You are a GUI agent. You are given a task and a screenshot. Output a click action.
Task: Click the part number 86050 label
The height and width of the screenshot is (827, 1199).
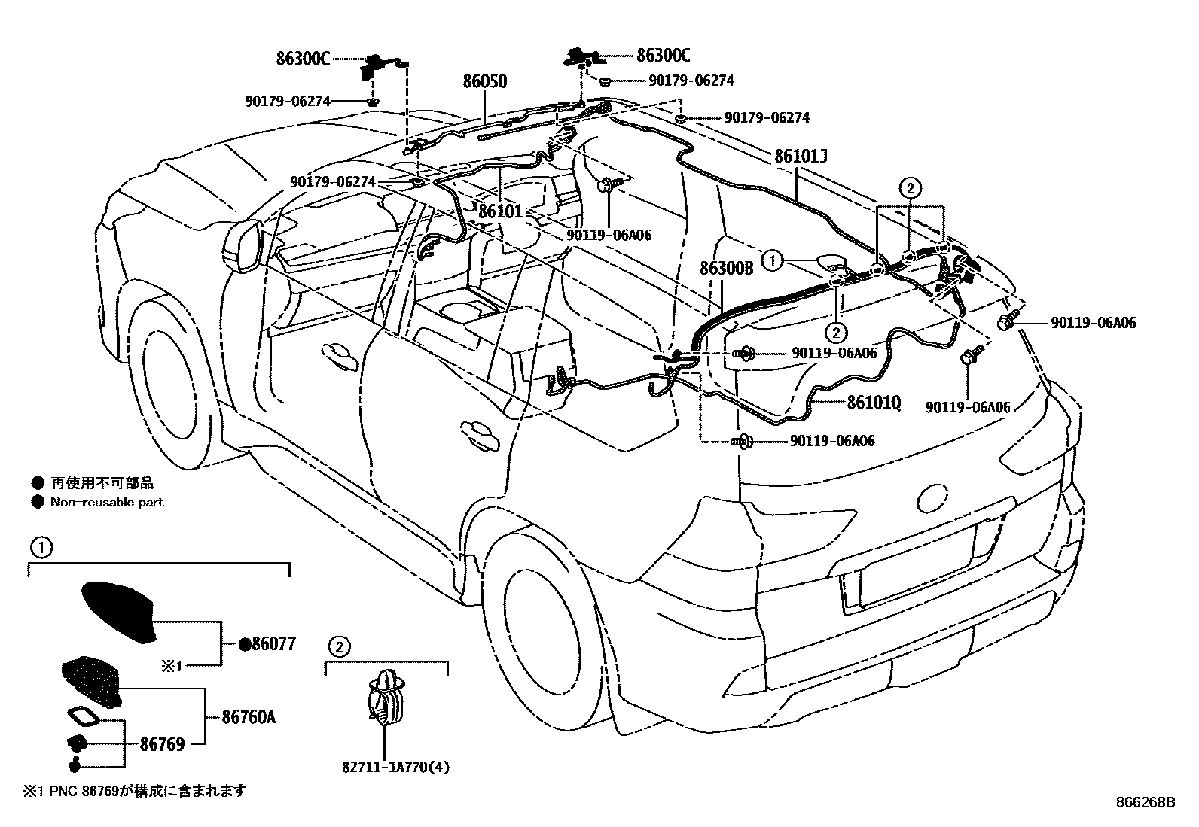point(484,81)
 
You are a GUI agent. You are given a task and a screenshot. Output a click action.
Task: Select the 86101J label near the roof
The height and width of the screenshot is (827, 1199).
point(801,157)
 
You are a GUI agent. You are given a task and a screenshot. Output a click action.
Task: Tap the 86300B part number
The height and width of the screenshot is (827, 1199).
point(726,268)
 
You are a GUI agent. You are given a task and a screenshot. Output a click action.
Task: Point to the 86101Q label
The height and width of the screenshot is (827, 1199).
point(874,403)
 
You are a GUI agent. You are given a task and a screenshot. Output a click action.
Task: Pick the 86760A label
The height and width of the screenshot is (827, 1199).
point(249,717)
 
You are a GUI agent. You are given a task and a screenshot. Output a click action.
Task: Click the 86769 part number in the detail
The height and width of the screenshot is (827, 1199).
point(162,744)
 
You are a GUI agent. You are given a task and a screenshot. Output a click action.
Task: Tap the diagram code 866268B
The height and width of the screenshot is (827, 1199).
point(1145,802)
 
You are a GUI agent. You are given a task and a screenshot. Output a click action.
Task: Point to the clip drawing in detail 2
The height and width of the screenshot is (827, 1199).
point(386,696)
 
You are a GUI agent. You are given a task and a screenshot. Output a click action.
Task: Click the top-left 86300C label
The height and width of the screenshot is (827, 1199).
point(303,59)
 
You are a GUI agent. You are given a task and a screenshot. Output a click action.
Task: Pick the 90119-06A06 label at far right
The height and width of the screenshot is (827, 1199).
point(1093,323)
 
